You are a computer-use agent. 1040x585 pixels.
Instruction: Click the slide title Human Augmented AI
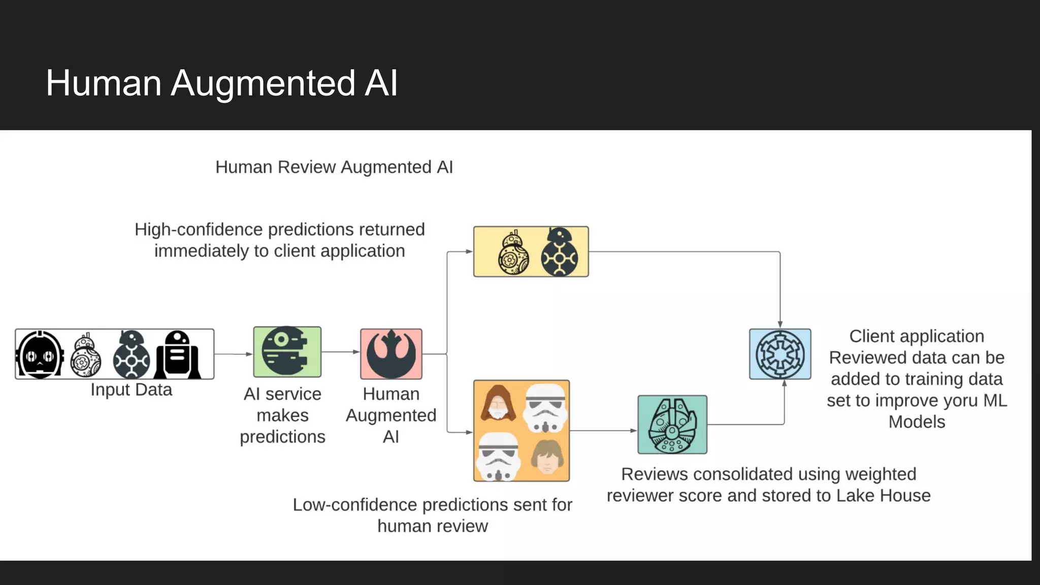(x=222, y=83)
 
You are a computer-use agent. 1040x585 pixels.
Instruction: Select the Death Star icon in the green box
(x=287, y=351)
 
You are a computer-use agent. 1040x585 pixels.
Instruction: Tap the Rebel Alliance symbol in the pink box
(x=391, y=354)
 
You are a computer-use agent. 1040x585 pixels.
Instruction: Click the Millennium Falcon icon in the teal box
(x=672, y=425)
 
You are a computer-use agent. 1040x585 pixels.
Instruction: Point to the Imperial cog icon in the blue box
(x=780, y=354)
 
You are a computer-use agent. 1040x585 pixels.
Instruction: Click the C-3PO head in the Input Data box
(x=41, y=354)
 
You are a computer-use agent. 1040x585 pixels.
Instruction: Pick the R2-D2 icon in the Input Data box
(x=177, y=354)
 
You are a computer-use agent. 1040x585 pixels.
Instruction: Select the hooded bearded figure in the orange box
(x=498, y=404)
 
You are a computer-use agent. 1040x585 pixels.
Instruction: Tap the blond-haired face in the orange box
(x=546, y=457)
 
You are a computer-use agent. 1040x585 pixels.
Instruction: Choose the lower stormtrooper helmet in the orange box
(x=498, y=457)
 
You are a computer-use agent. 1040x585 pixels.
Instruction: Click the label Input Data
(x=131, y=390)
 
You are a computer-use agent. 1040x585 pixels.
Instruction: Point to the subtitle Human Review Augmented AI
(x=334, y=167)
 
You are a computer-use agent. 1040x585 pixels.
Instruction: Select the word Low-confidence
(x=355, y=505)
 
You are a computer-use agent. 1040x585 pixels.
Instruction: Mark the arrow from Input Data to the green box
(x=233, y=354)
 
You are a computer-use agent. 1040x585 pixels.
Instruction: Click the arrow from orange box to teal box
(x=603, y=431)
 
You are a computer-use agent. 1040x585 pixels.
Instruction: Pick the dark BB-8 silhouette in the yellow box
(x=559, y=252)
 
